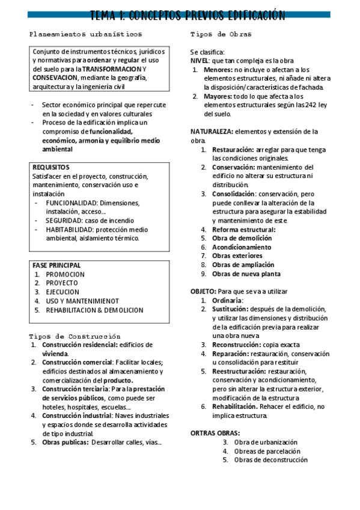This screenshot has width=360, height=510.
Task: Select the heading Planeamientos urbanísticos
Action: pyautogui.click(x=87, y=35)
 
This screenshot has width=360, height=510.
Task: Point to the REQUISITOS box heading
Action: pyautogui.click(x=51, y=167)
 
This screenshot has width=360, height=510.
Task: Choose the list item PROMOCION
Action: pyautogui.click(x=65, y=274)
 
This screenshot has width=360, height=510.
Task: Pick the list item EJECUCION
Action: pyautogui.click(x=62, y=292)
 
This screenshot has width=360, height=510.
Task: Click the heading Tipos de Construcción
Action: pyautogui.click(x=75, y=336)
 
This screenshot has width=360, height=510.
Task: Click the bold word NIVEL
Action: pyautogui.click(x=200, y=61)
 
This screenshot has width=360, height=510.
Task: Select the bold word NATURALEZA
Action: pyautogui.click(x=212, y=131)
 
